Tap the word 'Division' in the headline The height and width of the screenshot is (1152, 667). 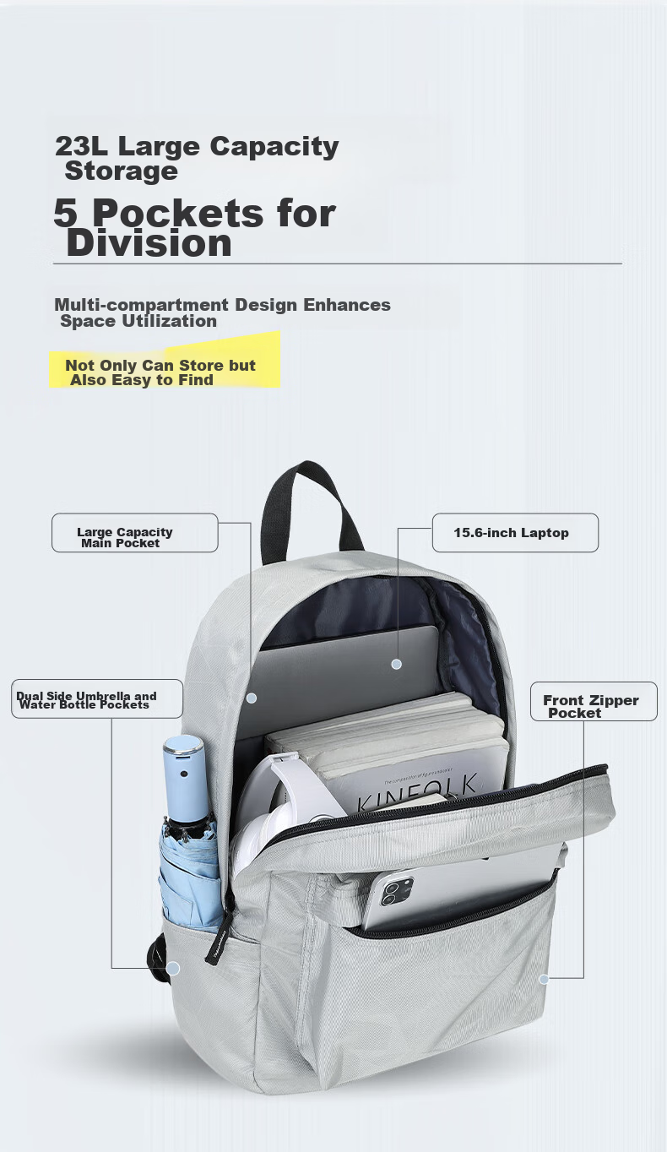click(x=149, y=243)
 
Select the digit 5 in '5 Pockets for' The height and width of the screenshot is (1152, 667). click(x=65, y=213)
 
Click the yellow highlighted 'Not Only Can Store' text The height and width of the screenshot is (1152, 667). click(x=160, y=366)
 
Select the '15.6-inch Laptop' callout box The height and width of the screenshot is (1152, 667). click(x=514, y=533)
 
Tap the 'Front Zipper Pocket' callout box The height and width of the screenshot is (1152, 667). click(x=594, y=702)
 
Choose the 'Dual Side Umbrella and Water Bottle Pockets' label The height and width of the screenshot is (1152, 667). click(x=97, y=699)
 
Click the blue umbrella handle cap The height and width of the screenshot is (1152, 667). click(x=184, y=757)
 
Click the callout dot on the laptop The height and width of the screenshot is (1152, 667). click(x=396, y=664)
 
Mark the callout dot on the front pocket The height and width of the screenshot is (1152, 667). click(x=544, y=979)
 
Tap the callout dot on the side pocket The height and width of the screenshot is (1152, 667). click(x=172, y=968)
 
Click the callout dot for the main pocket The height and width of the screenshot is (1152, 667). click(x=252, y=698)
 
